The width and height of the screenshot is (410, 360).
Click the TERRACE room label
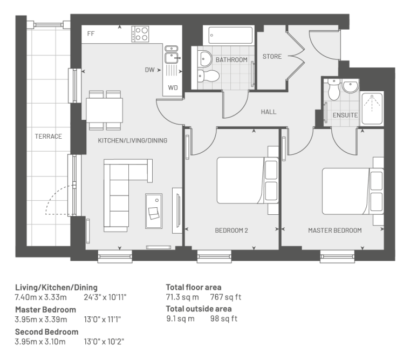49,137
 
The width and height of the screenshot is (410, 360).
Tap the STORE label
272,57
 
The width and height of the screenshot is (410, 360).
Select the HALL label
269,112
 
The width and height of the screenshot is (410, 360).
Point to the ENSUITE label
345,115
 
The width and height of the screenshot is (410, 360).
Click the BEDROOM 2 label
231,230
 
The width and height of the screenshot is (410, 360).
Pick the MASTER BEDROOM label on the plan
335,230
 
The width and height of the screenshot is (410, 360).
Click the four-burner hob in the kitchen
140,34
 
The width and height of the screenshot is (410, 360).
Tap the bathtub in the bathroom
229,35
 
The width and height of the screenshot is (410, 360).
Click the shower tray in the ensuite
372,108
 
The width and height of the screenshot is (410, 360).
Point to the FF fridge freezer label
91,34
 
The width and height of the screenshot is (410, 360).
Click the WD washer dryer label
173,87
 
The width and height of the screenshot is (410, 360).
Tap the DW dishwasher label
149,70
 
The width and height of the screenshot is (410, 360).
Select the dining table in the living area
105,110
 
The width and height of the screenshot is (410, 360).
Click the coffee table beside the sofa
154,211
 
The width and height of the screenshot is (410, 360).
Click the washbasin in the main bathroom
205,59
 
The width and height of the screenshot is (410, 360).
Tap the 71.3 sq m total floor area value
182,297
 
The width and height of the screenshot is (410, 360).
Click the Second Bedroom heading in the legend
47,332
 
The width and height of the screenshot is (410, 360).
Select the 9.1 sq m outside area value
180,318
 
